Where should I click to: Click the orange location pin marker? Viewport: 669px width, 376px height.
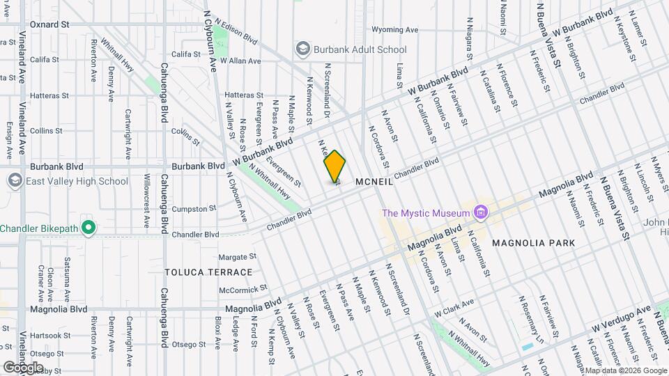[x=334, y=167]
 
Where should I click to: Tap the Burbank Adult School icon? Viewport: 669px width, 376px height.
[x=302, y=49]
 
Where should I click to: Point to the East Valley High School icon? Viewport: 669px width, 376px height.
[x=15, y=181]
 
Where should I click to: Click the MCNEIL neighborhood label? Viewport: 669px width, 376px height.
[x=374, y=181]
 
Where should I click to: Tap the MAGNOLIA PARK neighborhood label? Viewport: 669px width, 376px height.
[x=533, y=243]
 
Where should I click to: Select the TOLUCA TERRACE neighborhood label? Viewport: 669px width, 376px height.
[x=208, y=272]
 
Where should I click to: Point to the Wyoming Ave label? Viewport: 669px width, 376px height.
[x=394, y=30]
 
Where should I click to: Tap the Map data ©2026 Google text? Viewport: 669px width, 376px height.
[x=625, y=370]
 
